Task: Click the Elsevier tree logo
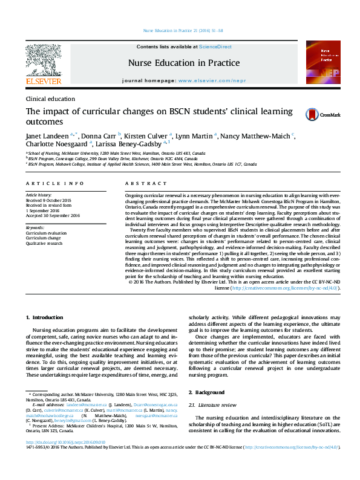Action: point(44,60)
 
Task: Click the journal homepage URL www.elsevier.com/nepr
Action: point(203,80)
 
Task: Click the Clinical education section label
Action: point(50,99)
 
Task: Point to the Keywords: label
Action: point(36,227)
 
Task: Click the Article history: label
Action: point(39,196)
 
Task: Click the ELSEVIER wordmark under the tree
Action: point(44,81)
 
